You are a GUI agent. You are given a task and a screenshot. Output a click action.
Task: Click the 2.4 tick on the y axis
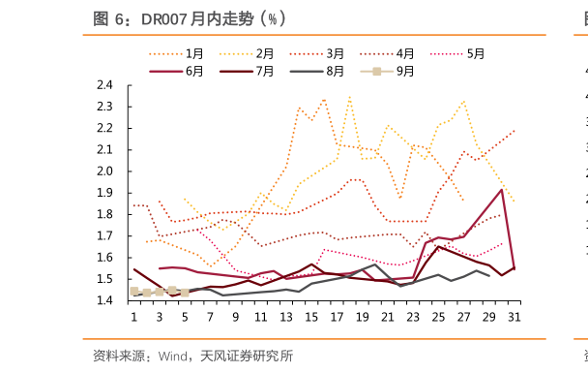pos(105,85)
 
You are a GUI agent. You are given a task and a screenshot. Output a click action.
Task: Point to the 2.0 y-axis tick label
pos(105,171)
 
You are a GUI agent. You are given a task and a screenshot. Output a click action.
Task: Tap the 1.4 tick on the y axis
pos(105,300)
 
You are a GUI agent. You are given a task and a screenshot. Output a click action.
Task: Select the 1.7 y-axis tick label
pos(105,235)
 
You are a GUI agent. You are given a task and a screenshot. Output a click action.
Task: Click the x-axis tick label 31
pos(514,317)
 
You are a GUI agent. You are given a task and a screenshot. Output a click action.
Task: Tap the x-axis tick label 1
pos(134,317)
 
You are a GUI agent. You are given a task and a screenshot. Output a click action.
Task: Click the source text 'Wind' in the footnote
pos(175,356)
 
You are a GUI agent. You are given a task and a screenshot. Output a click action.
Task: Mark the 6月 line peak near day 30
pos(501,190)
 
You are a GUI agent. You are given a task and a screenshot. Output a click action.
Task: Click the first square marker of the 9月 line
pos(134,291)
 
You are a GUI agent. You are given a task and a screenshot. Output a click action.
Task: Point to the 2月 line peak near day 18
pos(349,97)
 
